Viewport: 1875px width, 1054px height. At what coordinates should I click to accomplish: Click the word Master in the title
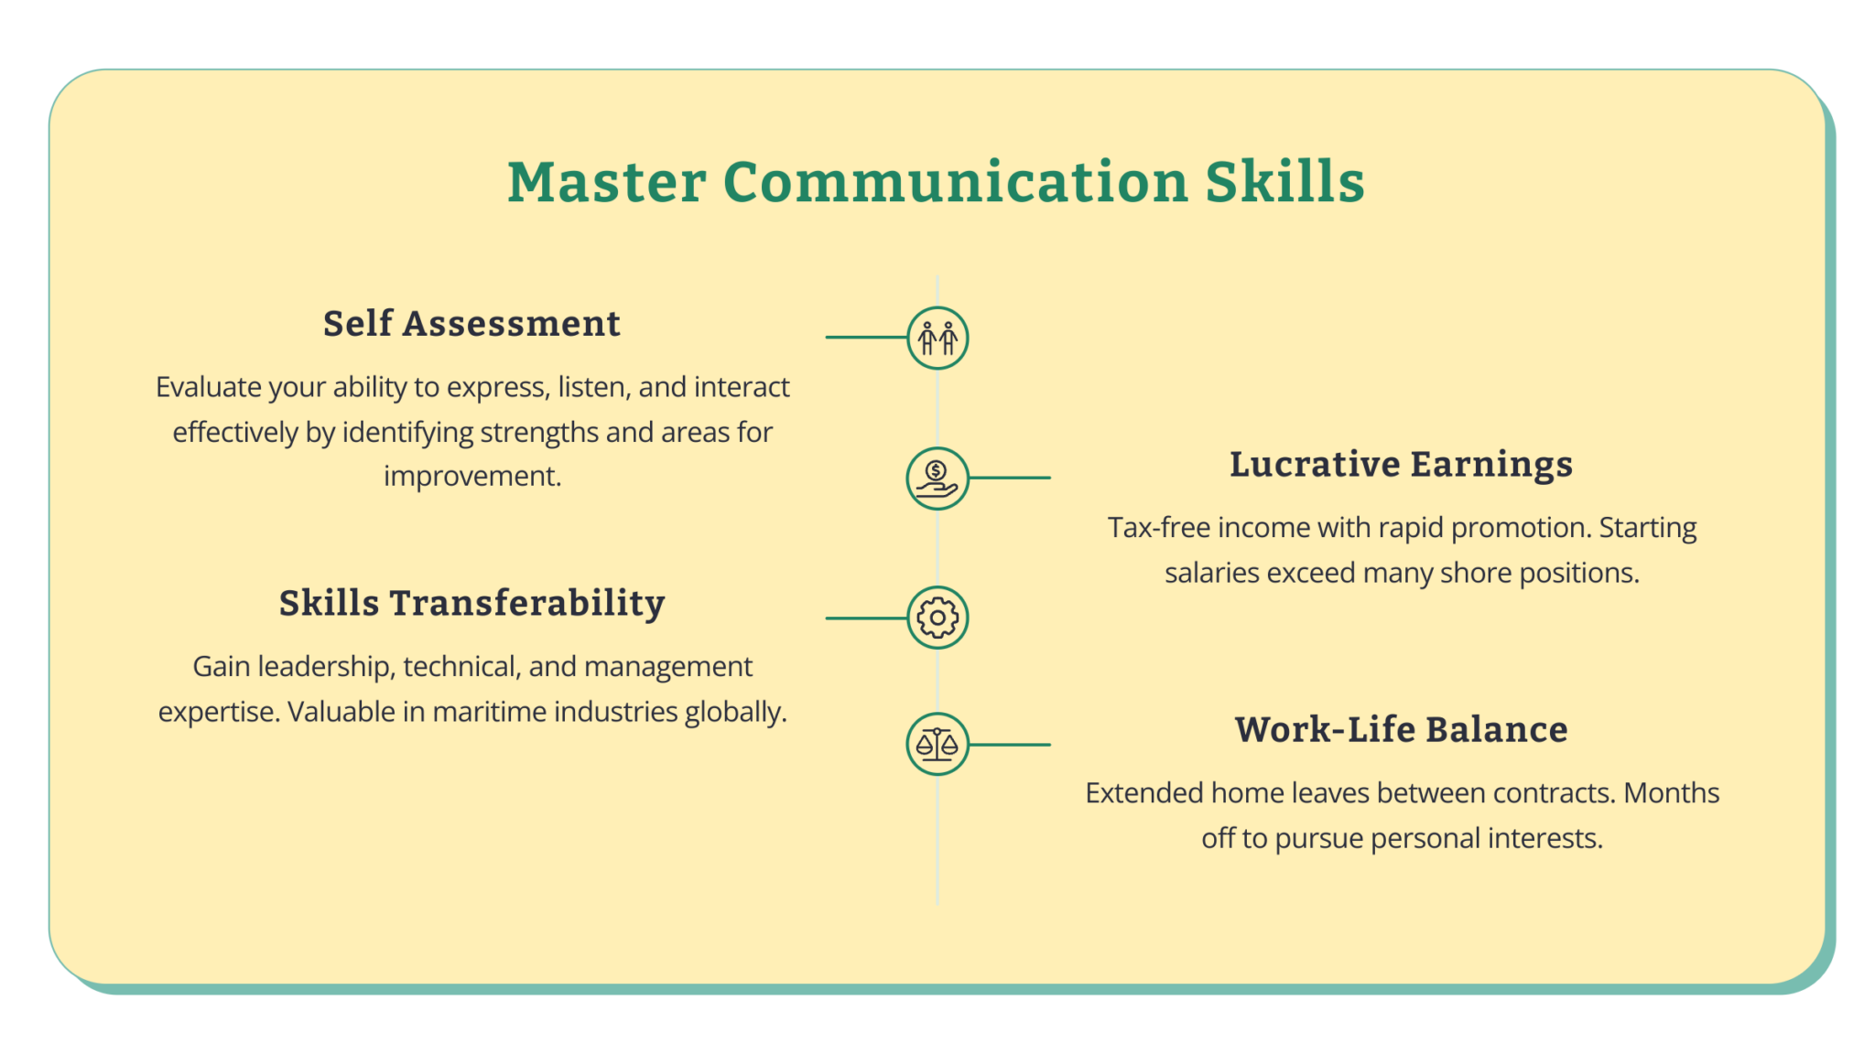pos(606,181)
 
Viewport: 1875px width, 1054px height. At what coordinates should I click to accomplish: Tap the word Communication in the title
pos(955,181)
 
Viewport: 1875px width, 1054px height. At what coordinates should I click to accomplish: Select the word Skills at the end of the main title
pos(1284,181)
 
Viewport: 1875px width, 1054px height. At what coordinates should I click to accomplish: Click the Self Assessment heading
pos(471,324)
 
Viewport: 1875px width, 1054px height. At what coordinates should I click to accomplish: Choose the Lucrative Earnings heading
pos(1401,465)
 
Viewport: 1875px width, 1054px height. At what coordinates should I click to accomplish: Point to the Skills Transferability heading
pos(471,604)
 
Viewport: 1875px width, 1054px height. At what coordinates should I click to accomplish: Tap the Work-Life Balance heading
pos(1401,730)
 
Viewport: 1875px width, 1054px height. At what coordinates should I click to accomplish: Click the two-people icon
pos(937,339)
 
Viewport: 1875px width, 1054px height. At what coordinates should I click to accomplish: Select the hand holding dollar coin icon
pos(937,479)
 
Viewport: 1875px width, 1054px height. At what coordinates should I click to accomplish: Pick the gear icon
pos(937,618)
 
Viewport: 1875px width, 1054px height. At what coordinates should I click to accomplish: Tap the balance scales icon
pos(937,744)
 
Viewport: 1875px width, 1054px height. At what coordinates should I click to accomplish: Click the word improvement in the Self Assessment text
pos(471,477)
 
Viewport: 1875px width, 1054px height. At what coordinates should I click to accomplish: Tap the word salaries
pos(1211,574)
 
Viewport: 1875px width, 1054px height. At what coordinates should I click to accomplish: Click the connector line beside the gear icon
pos(865,618)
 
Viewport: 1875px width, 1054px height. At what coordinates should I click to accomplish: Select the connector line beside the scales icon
pos(1010,745)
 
